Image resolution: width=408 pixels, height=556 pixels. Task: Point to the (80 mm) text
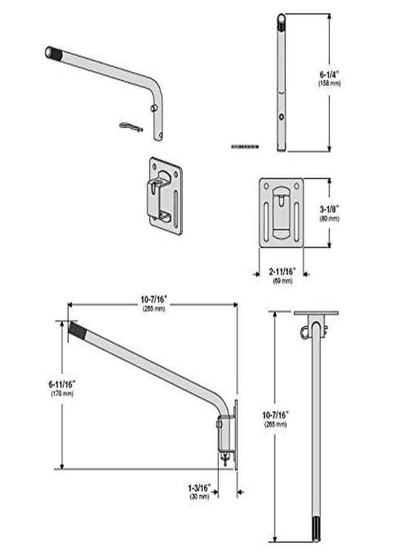pyautogui.click(x=329, y=219)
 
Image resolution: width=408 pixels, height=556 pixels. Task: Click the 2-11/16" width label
pyautogui.click(x=283, y=272)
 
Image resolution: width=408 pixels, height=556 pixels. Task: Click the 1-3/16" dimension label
pyautogui.click(x=199, y=487)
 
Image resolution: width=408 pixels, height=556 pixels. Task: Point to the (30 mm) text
pyautogui.click(x=199, y=495)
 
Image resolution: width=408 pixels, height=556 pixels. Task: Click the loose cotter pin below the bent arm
pyautogui.click(x=131, y=127)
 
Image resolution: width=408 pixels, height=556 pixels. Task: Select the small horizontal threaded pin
pyautogui.click(x=244, y=146)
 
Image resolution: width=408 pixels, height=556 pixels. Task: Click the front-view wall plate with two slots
pyautogui.click(x=281, y=213)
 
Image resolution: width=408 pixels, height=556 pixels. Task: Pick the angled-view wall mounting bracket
pyautogui.click(x=165, y=195)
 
